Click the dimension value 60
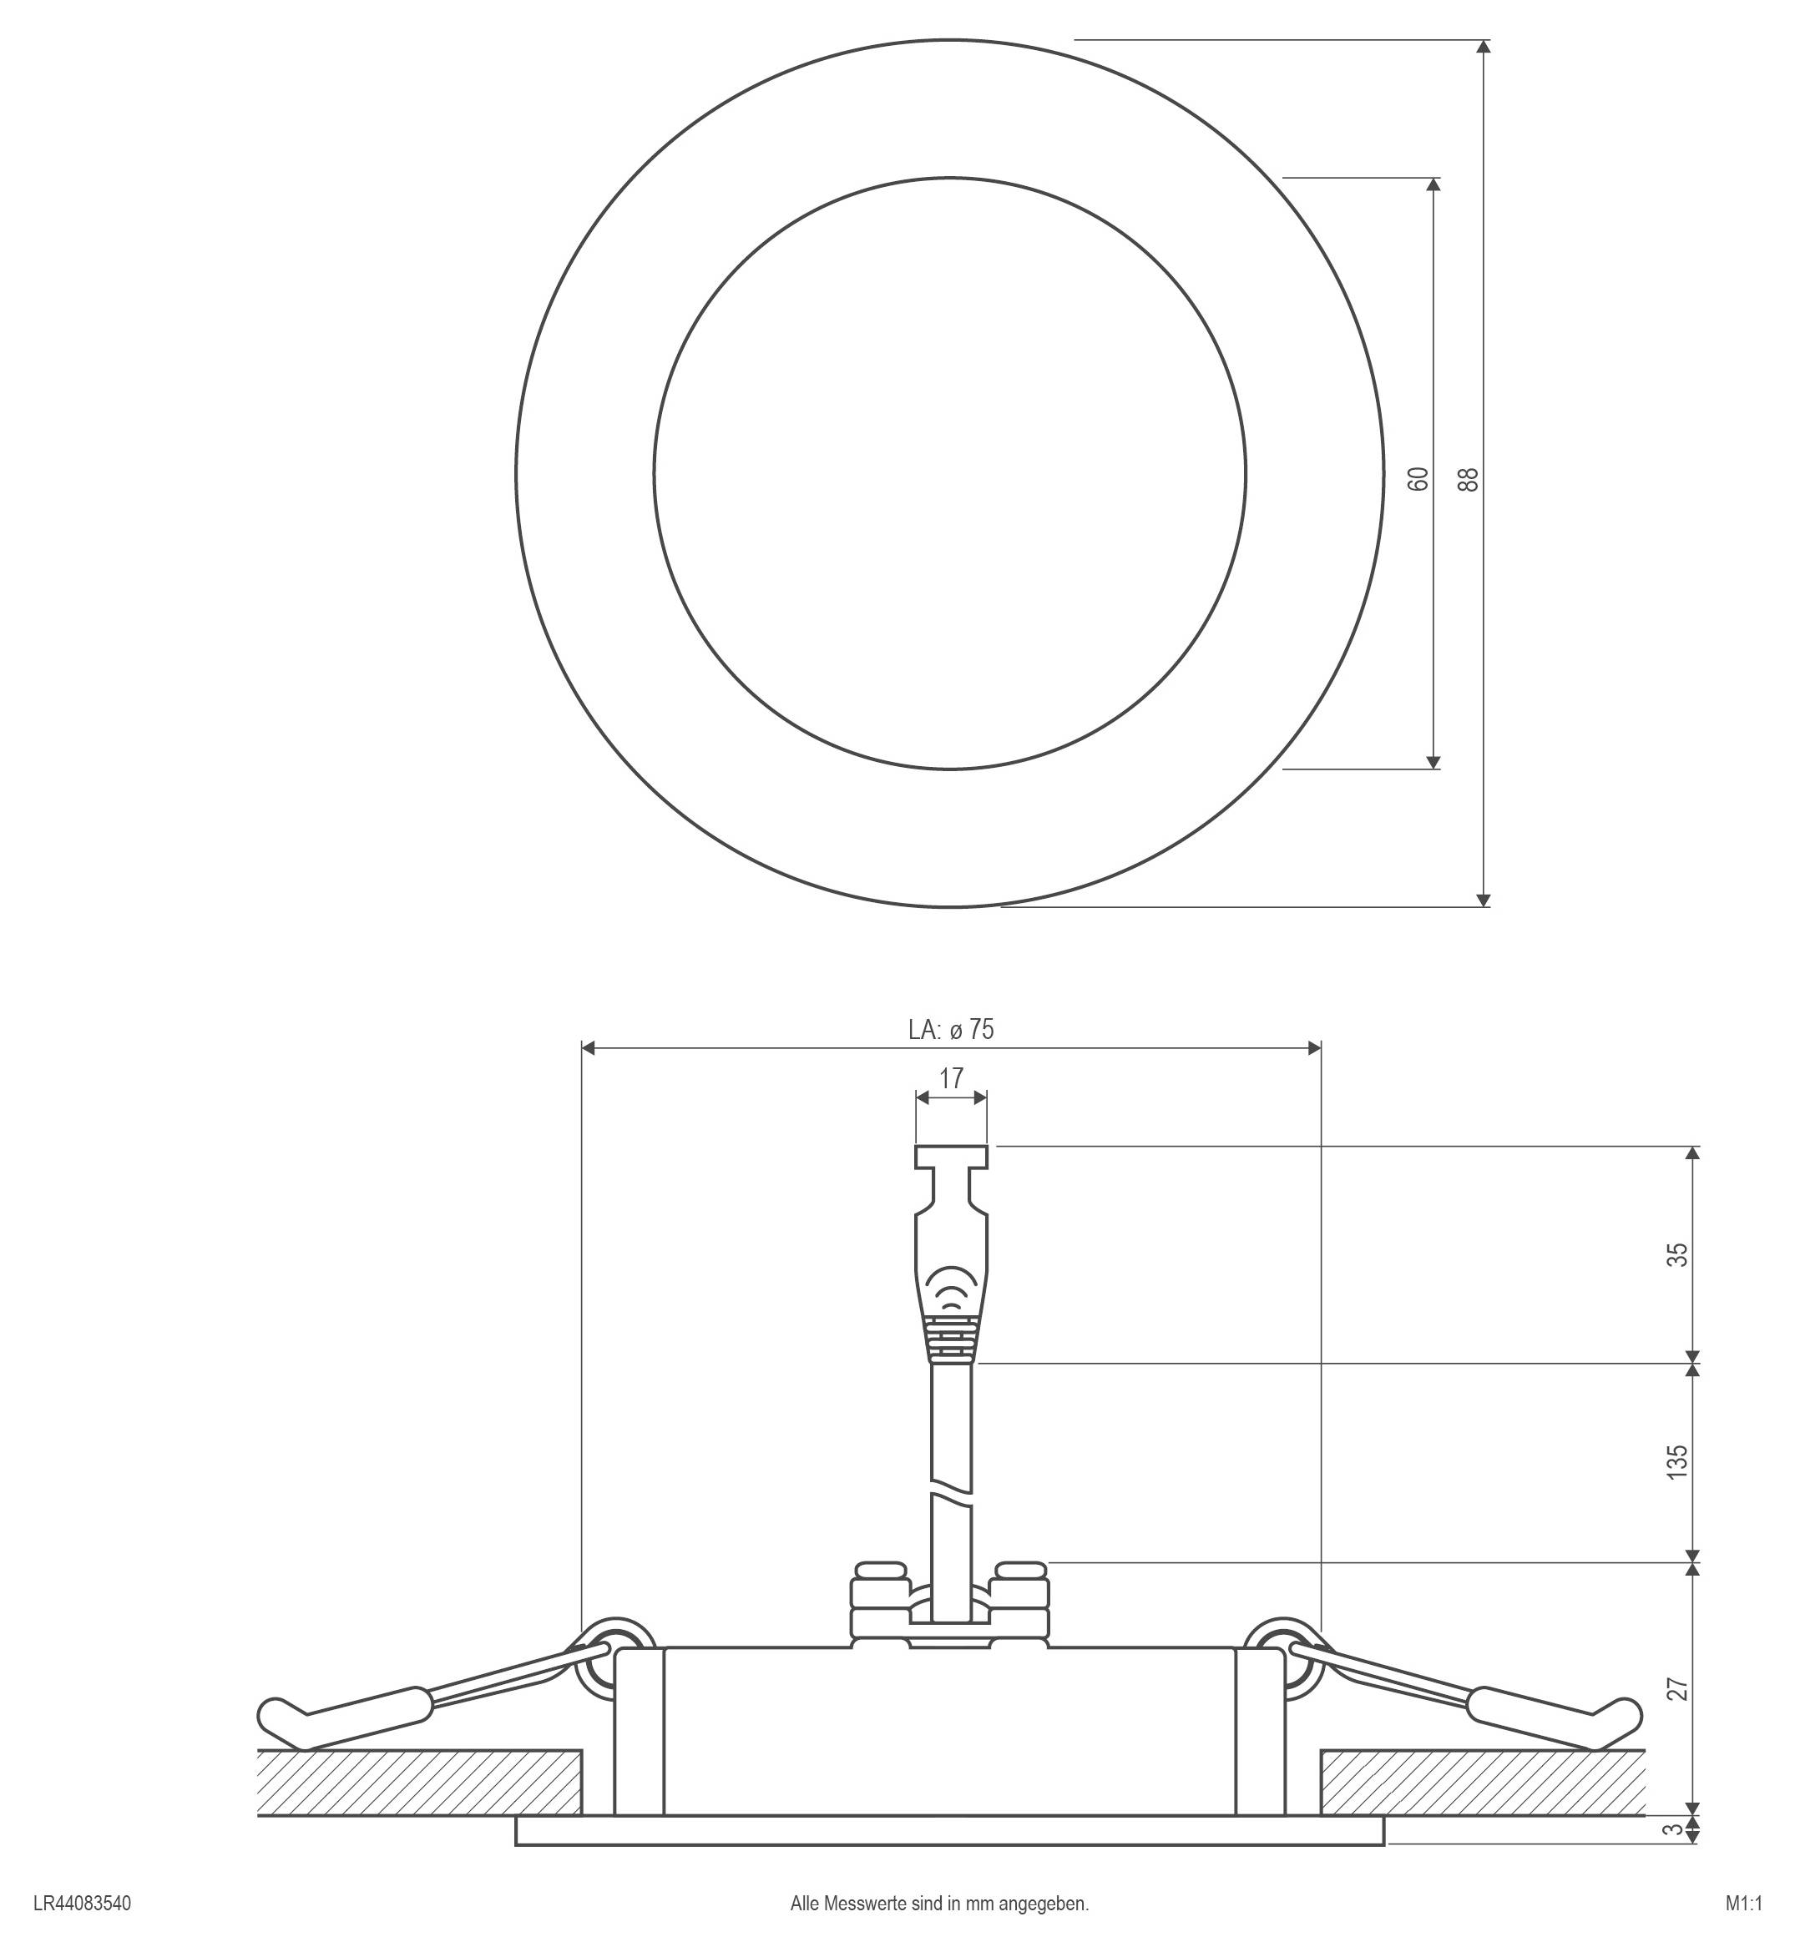(x=1420, y=479)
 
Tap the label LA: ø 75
(x=951, y=1030)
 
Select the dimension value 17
(x=952, y=1078)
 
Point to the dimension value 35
(x=1677, y=1253)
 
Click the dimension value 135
(x=1677, y=1463)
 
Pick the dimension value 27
(x=1677, y=1689)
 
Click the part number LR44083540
(x=82, y=1904)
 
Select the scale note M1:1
(x=1743, y=1904)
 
